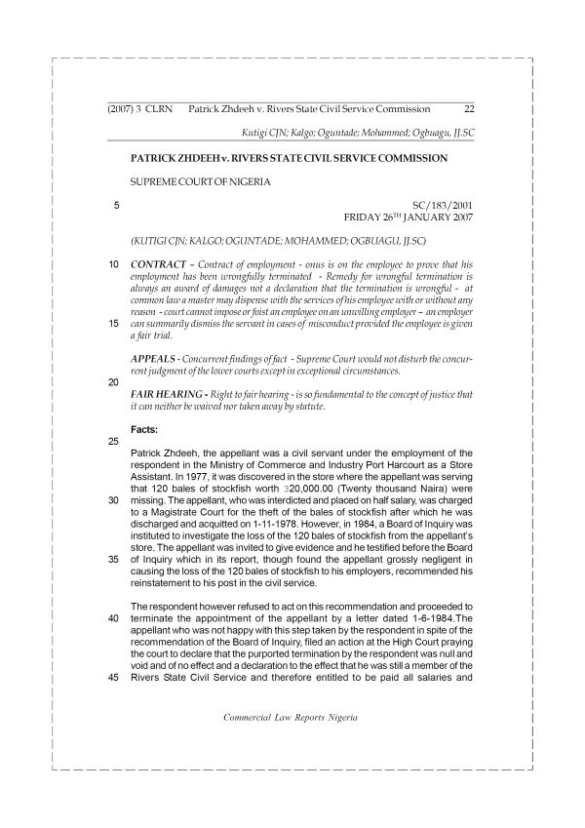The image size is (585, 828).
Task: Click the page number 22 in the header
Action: (x=469, y=110)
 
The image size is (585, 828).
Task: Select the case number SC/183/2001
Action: (x=443, y=207)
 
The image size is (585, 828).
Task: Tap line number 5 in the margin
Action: (x=117, y=206)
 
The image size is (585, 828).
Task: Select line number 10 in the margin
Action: (x=114, y=264)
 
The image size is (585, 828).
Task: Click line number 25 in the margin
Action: (x=114, y=442)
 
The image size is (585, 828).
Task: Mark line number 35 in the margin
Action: (x=114, y=560)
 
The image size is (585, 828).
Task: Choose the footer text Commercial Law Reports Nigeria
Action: (x=291, y=716)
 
